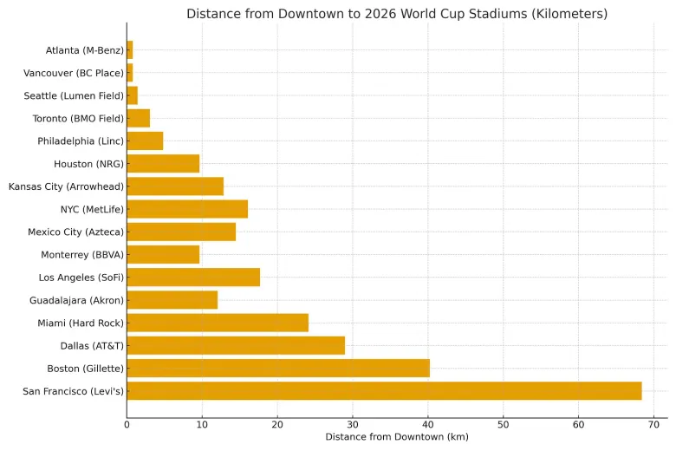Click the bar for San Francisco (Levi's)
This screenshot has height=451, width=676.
[x=384, y=391]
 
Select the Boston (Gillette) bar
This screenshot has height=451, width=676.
[x=278, y=369]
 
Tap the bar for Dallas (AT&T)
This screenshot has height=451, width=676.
[x=236, y=346]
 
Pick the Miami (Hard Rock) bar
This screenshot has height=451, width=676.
[x=218, y=323]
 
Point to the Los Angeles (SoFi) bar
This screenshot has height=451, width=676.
[x=193, y=278]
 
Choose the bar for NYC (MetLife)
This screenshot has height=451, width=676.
[x=187, y=209]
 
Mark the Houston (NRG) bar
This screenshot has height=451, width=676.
[x=163, y=164]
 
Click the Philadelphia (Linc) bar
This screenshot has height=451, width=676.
[x=145, y=141]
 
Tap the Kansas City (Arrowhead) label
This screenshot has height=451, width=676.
[x=66, y=186]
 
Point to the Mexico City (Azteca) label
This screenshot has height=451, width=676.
[x=75, y=232]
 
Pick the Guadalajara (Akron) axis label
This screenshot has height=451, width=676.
[x=76, y=300]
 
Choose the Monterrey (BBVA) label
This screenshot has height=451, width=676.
[x=82, y=255]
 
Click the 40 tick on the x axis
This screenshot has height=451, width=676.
[x=427, y=424]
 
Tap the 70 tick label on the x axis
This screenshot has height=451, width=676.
[x=653, y=424]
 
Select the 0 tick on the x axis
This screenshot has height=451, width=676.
[x=127, y=424]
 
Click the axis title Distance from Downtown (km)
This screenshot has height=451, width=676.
[x=397, y=437]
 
